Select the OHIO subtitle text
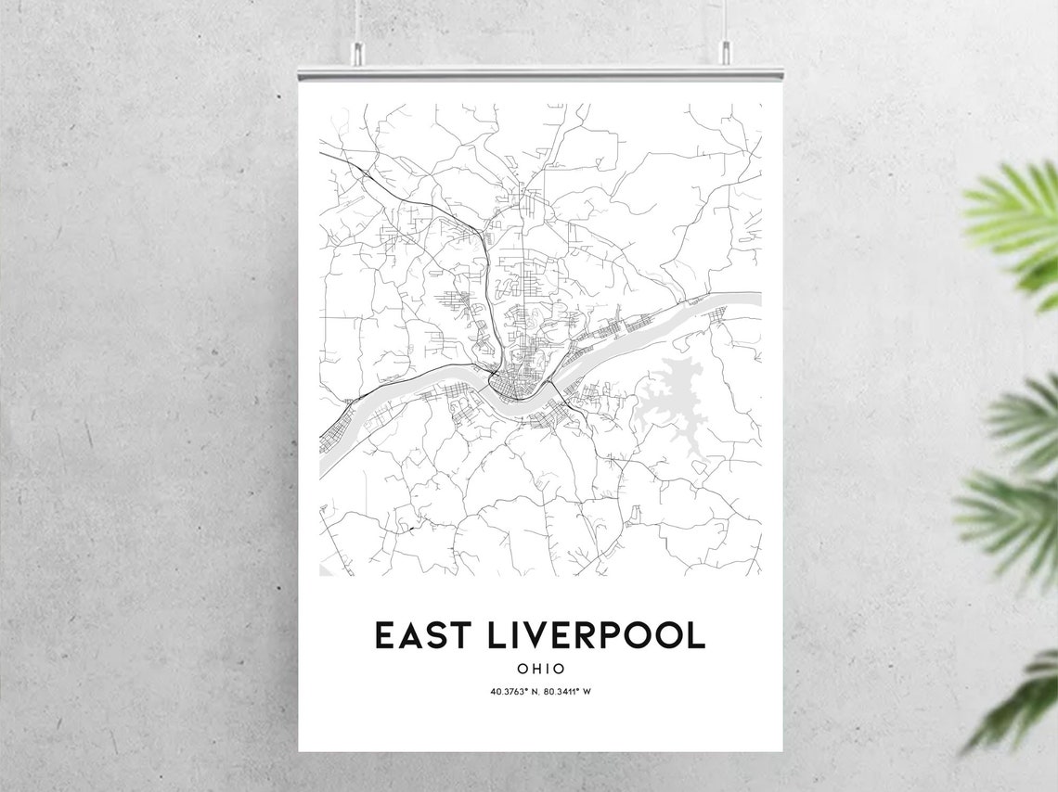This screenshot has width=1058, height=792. click(540, 668)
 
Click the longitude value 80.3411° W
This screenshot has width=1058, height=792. click(567, 691)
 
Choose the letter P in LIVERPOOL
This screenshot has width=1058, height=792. click(607, 635)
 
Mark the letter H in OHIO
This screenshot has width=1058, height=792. click(535, 668)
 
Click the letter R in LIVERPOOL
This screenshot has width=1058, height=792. click(583, 635)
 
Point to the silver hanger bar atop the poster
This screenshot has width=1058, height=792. click(540, 72)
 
